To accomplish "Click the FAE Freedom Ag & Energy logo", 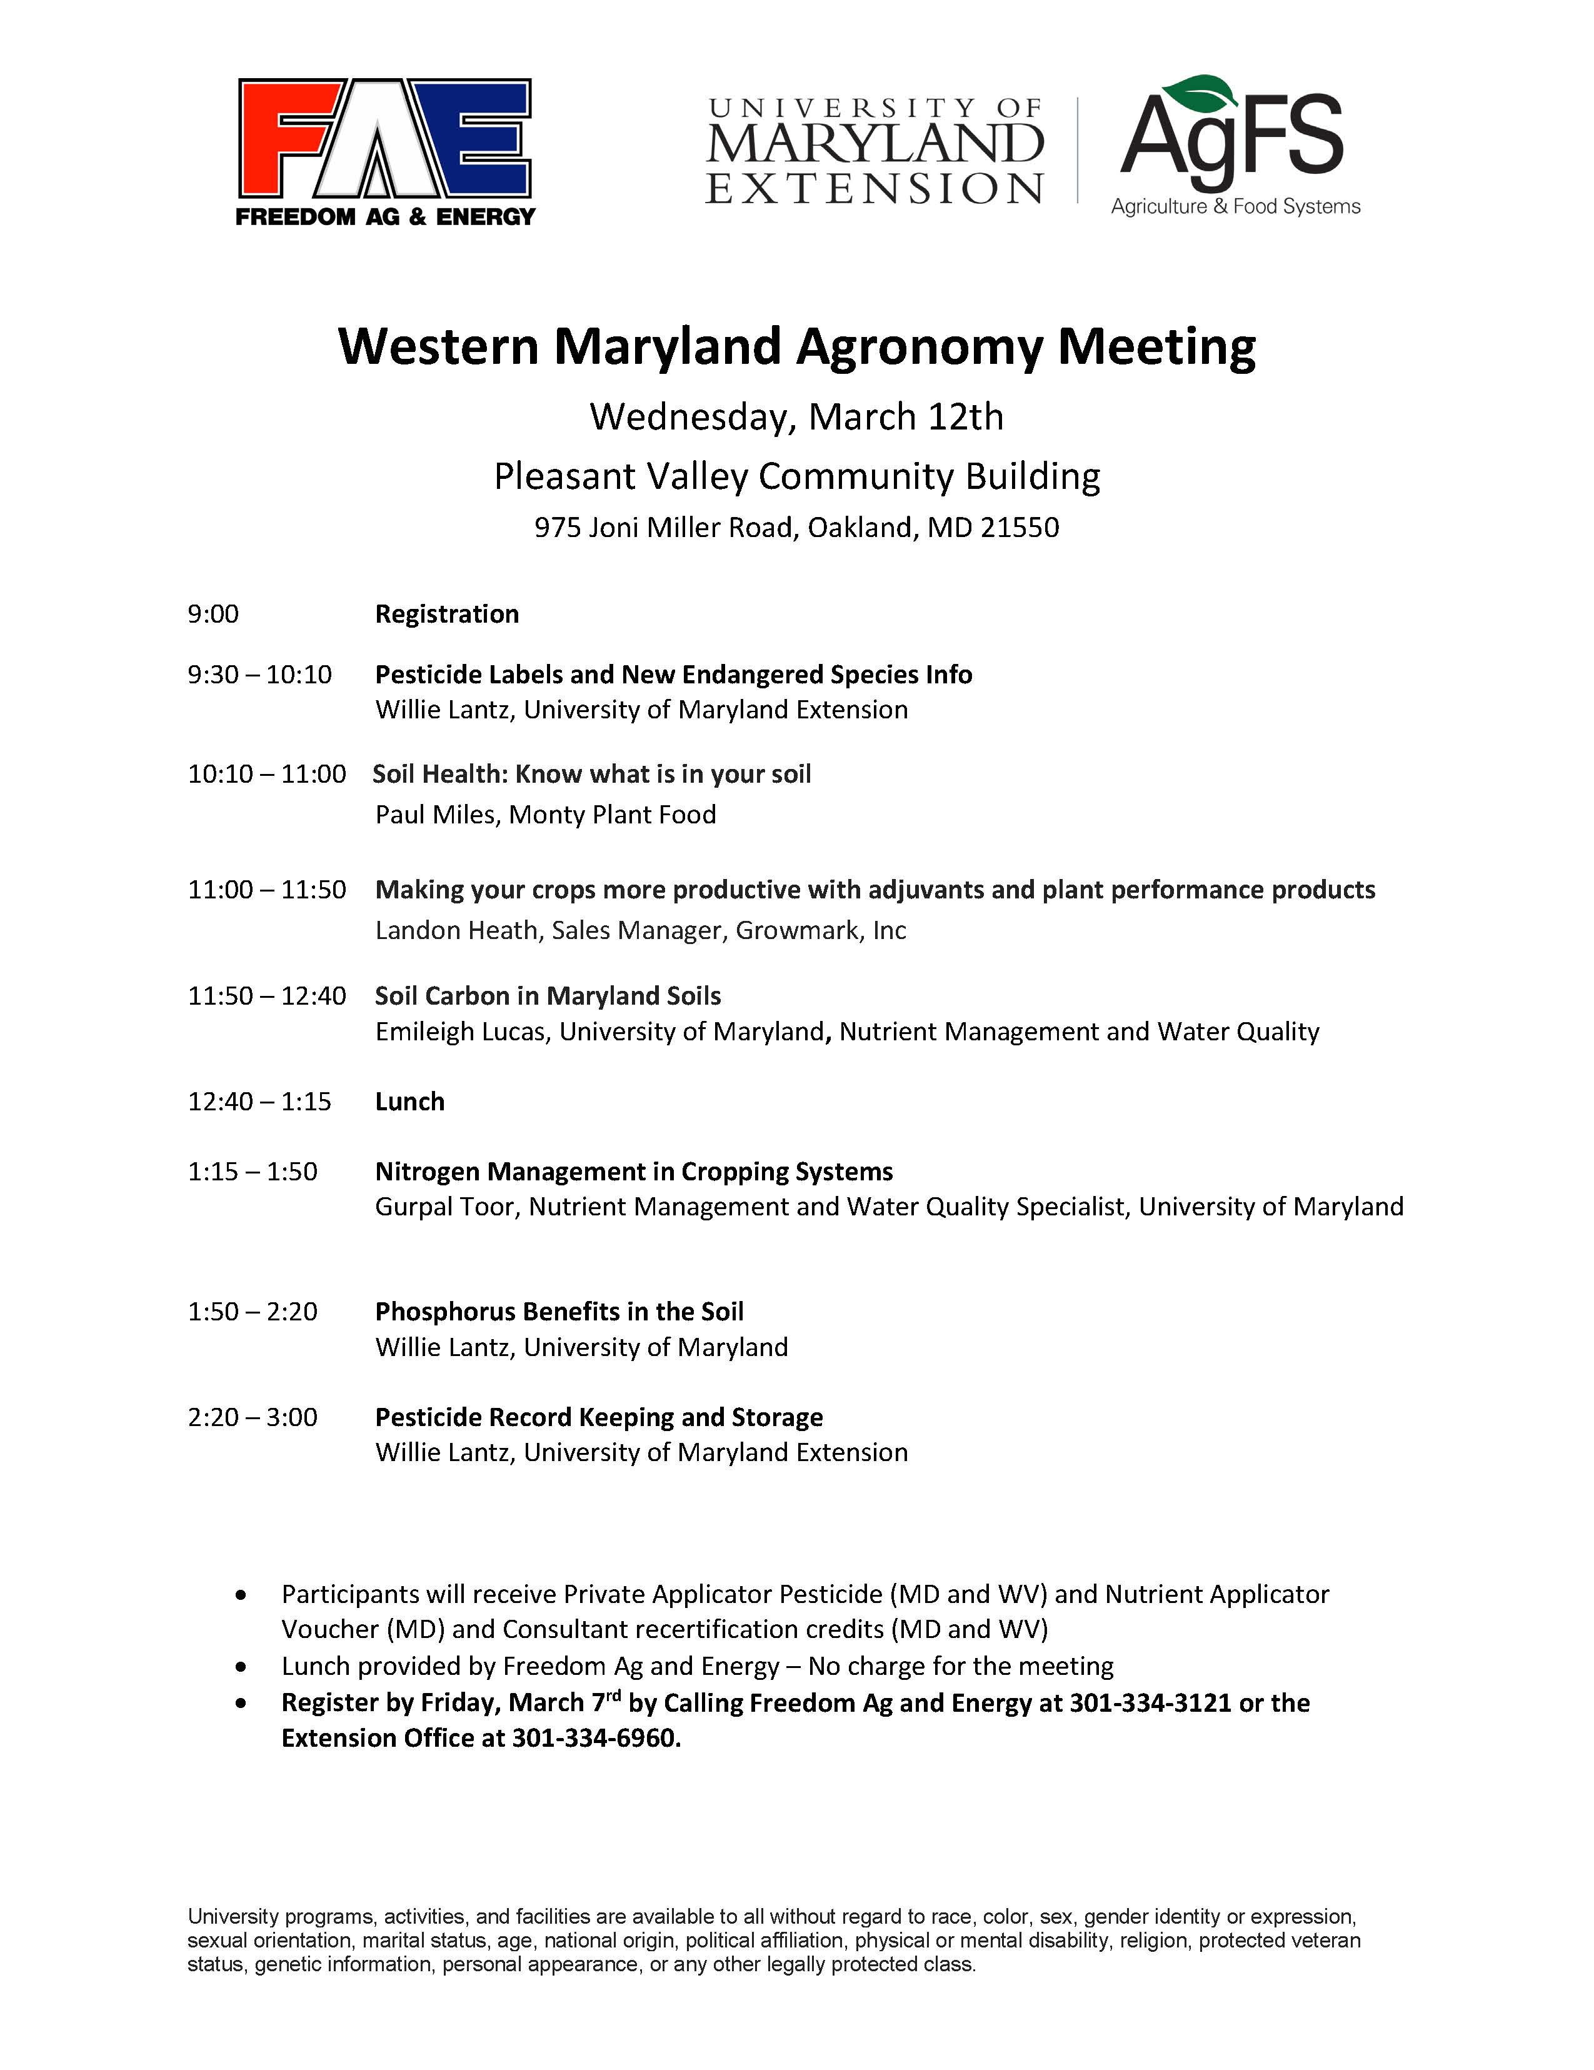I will (385, 152).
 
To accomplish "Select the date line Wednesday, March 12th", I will (796, 417).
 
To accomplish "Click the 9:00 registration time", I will (213, 614).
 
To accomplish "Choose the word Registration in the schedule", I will (446, 614).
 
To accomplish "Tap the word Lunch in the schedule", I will (409, 1102).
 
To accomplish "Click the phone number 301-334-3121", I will (1150, 1703).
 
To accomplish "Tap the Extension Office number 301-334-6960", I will (595, 1738).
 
